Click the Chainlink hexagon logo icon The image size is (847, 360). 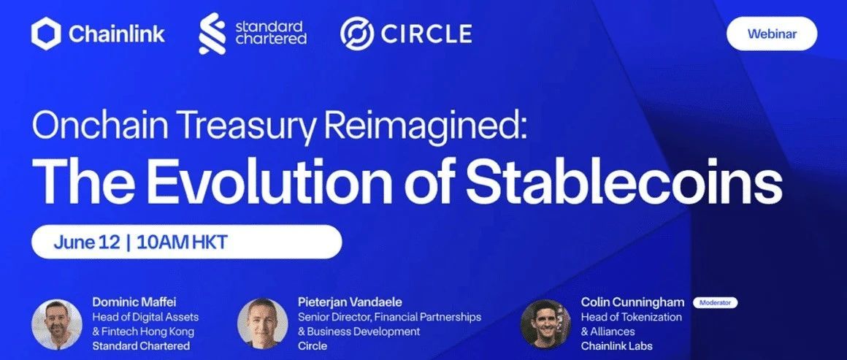tap(47, 34)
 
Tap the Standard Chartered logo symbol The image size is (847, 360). tap(212, 34)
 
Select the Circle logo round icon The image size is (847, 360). tap(357, 34)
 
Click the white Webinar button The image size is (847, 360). tap(772, 34)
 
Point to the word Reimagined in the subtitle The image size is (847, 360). tap(426, 128)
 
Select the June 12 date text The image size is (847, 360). tap(87, 242)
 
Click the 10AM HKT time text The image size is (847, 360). tap(182, 242)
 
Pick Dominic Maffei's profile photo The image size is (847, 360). tap(57, 324)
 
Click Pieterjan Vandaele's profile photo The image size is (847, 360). tap(263, 323)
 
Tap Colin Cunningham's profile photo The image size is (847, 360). tap(545, 324)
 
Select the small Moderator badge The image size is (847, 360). tap(715, 303)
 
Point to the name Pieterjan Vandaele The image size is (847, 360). tap(350, 302)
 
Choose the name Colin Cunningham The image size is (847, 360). tap(632, 302)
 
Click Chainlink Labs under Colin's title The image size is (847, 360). tap(617, 345)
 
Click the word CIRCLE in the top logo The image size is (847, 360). tap(426, 34)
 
